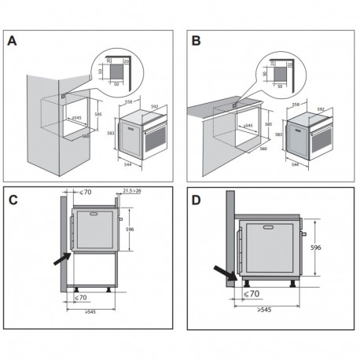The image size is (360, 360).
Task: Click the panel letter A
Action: click(13, 42)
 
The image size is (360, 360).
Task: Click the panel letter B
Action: click(196, 42)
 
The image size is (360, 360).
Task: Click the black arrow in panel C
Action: click(61, 258)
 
